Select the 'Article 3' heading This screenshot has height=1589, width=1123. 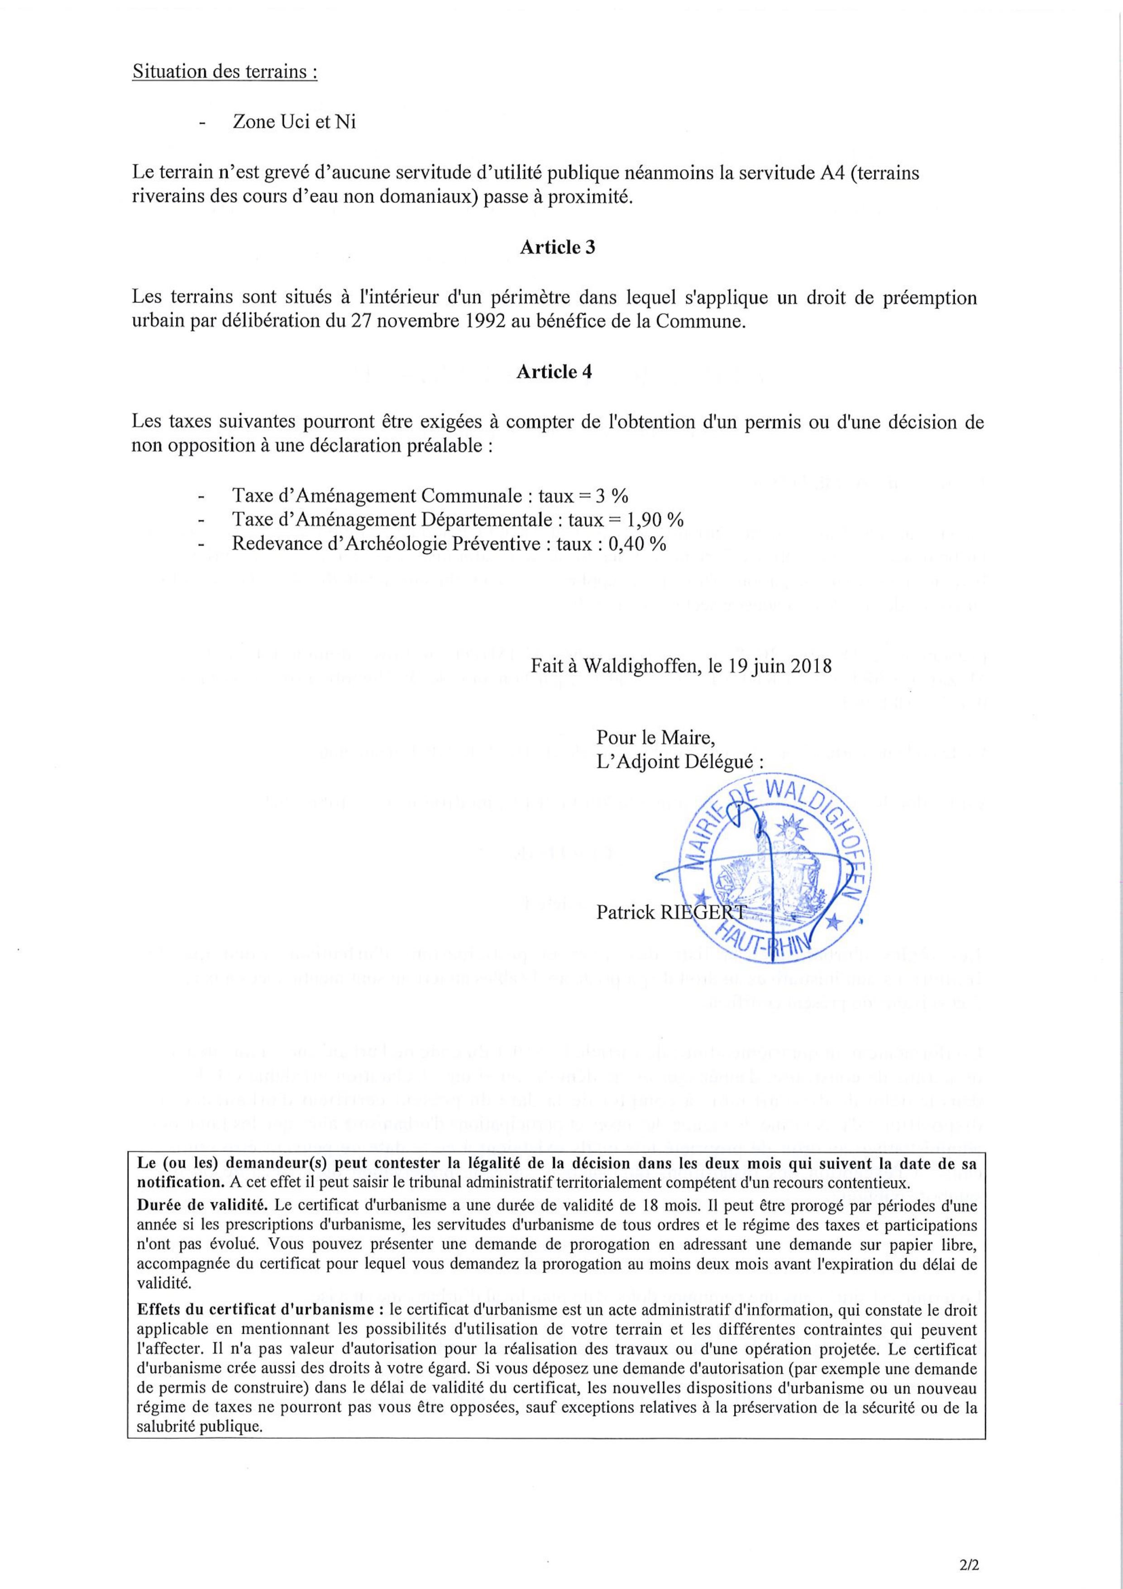557,248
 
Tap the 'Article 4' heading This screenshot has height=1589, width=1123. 554,372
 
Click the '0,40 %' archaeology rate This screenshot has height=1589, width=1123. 636,544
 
